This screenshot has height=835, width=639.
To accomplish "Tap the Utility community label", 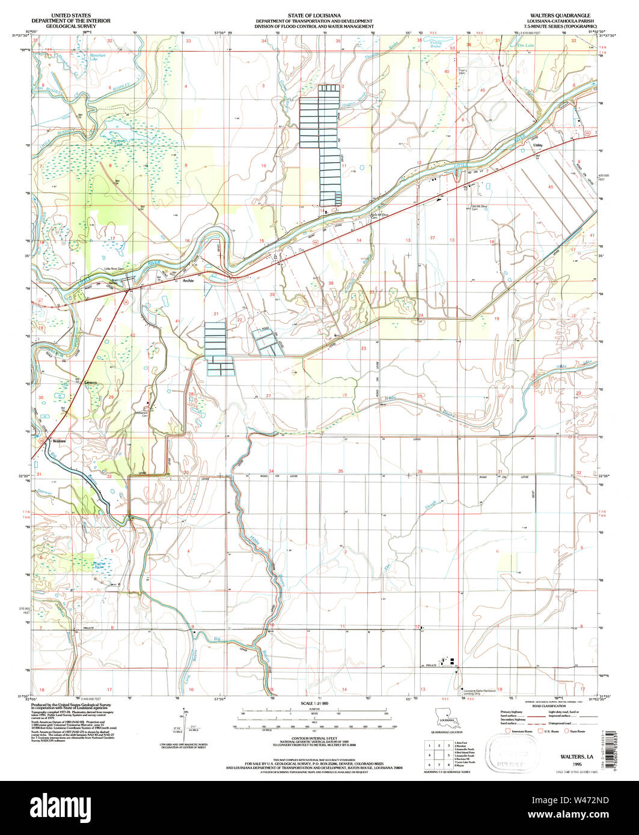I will point(538,145).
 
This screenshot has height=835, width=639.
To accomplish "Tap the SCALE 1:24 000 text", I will point(311,703).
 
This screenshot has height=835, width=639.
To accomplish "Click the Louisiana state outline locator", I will point(445,717).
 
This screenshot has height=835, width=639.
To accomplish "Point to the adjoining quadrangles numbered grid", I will point(438,755).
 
